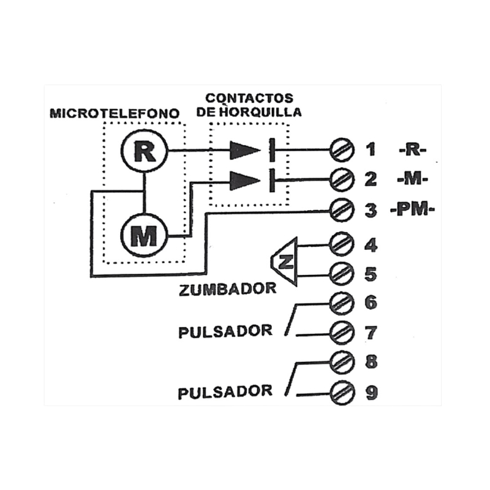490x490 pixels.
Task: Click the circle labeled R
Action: (144, 152)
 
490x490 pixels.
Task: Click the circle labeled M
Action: (144, 236)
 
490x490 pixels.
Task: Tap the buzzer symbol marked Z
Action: (285, 262)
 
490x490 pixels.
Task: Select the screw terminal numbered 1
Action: (341, 149)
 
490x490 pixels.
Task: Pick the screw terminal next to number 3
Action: (341, 211)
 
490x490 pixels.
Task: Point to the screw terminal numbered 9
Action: (341, 391)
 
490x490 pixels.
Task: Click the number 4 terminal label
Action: (371, 246)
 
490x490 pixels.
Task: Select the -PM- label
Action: (412, 211)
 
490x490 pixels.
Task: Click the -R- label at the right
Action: (411, 150)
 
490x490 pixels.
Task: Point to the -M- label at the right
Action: (412, 180)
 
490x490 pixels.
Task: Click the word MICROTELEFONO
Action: (115, 113)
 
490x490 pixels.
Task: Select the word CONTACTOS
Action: (249, 98)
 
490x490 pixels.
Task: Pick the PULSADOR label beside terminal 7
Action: (225, 331)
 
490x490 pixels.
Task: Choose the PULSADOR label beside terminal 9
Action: (225, 391)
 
